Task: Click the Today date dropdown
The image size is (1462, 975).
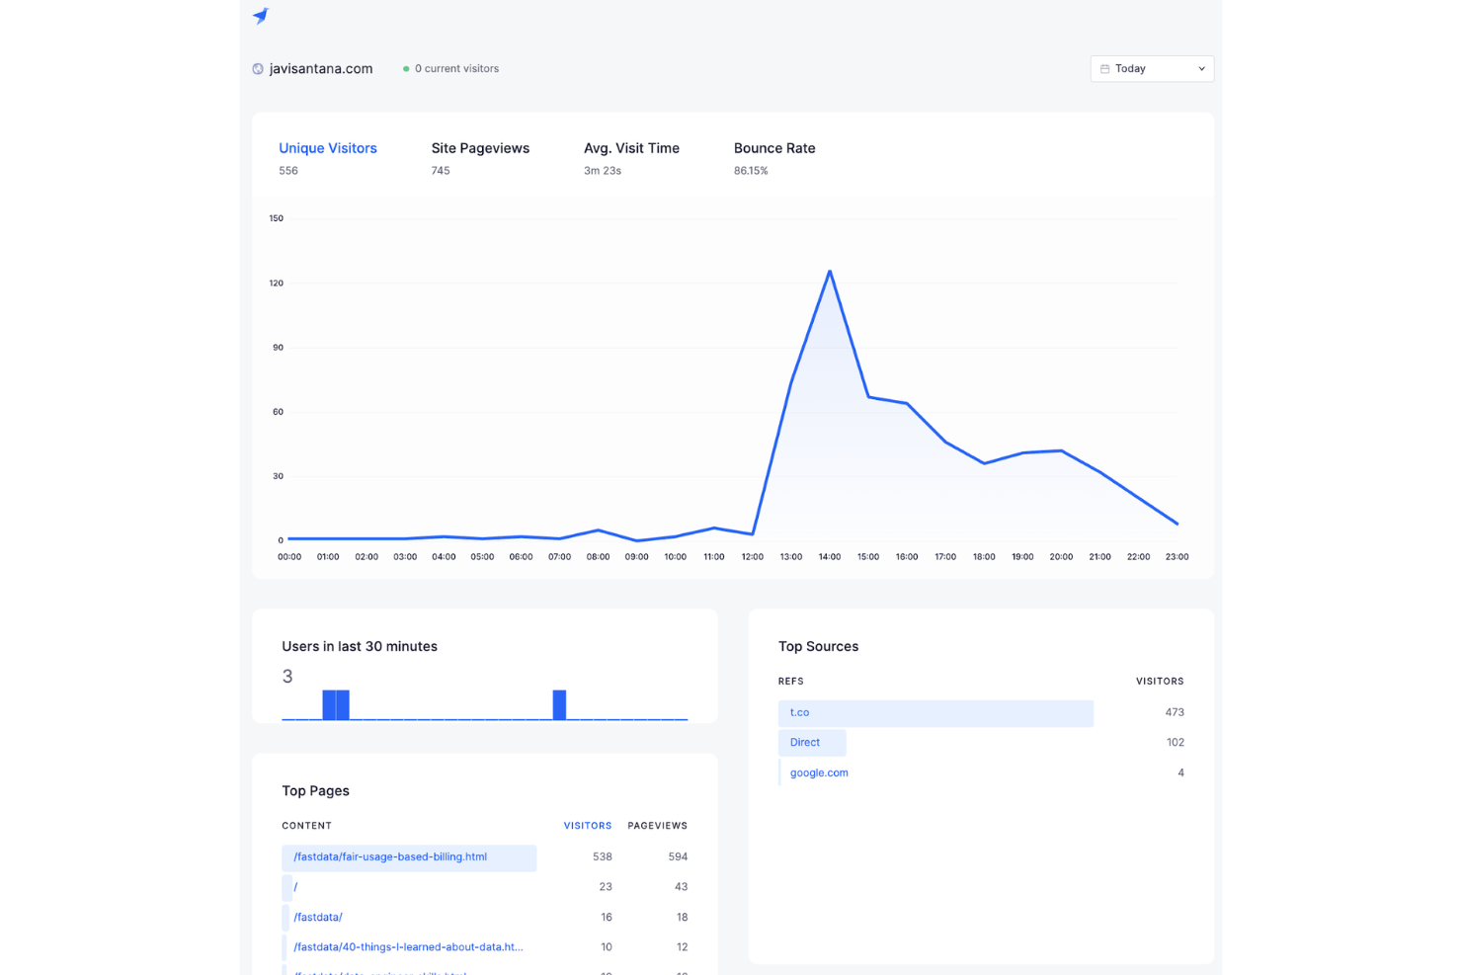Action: (x=1152, y=69)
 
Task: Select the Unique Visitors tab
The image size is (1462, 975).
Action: (x=327, y=148)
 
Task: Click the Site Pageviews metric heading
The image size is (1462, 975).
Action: (x=480, y=148)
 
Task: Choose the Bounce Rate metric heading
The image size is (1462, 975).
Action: (x=774, y=148)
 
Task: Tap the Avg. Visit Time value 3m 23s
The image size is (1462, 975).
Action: (x=602, y=171)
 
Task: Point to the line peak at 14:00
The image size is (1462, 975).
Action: (x=830, y=271)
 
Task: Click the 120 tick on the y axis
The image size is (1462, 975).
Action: (x=277, y=284)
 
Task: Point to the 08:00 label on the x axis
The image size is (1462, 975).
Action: (x=598, y=557)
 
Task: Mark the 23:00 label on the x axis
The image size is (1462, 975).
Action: (x=1177, y=557)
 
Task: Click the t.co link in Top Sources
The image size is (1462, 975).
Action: (x=799, y=712)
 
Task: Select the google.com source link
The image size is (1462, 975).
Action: (x=819, y=772)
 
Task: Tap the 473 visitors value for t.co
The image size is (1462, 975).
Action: (x=1174, y=712)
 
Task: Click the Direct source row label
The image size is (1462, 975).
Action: (x=805, y=743)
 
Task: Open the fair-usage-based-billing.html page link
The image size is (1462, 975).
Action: (x=390, y=856)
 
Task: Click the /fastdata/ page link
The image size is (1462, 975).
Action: (x=318, y=917)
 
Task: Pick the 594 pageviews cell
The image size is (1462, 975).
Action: (x=678, y=856)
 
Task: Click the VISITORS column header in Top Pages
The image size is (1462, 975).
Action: (x=587, y=826)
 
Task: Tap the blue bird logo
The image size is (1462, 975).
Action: (x=261, y=15)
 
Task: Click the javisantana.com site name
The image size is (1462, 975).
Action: (x=321, y=69)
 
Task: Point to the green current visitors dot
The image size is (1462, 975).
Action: (x=406, y=69)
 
